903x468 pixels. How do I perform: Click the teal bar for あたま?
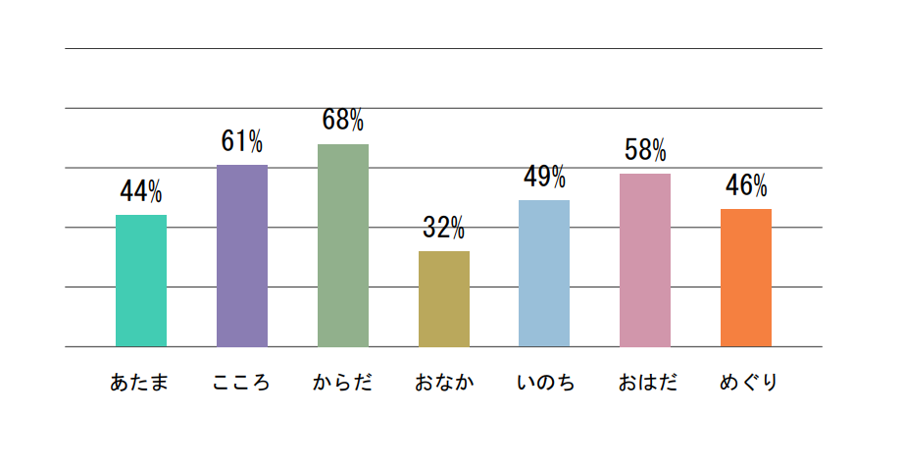(141, 281)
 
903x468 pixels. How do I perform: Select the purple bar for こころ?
(242, 255)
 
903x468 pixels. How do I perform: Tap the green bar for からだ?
(343, 245)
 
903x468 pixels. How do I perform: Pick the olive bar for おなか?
(444, 298)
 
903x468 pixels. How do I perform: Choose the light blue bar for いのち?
(544, 273)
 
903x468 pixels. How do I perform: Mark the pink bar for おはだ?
(645, 260)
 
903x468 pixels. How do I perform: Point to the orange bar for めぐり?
(746, 278)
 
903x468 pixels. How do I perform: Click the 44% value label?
(141, 190)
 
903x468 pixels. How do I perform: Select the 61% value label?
(242, 141)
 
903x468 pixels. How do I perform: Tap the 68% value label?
(343, 121)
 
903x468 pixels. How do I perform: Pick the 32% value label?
(444, 228)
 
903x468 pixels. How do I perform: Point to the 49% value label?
(544, 177)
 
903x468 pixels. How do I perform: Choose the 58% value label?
(645, 150)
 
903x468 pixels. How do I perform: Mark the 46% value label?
(746, 185)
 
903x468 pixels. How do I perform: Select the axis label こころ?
(241, 383)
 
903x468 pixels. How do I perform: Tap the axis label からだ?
(343, 383)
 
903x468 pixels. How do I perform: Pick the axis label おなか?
(444, 383)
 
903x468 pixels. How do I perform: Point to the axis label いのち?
(545, 383)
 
